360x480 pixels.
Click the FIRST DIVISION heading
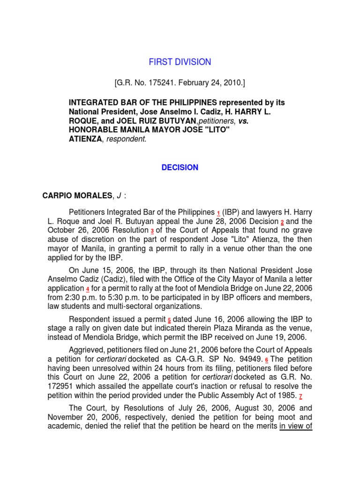(180, 62)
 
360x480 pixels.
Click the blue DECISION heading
(180, 167)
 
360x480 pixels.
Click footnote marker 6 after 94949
(267, 359)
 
